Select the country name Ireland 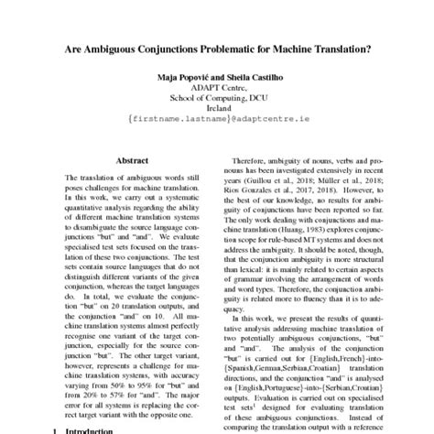pos(216,130)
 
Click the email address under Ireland pos(216,141)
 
